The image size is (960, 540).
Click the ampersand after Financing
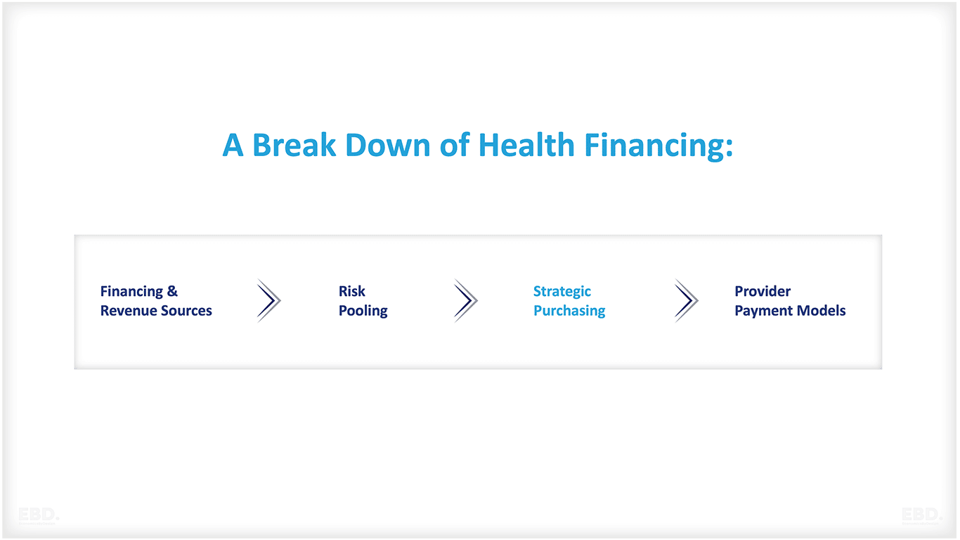[x=172, y=292]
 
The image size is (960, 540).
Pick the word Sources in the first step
[x=185, y=311]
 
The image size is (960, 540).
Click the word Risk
[x=352, y=292]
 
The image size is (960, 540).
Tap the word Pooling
[x=363, y=311]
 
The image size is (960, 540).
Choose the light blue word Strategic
[x=562, y=292]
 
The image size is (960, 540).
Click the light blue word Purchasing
[x=569, y=311]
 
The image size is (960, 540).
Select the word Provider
[x=763, y=292]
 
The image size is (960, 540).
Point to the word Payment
[x=763, y=311]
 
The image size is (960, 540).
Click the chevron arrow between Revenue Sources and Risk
[x=268, y=301]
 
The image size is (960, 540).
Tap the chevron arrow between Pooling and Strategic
[x=465, y=301]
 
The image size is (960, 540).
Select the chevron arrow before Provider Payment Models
[x=686, y=301]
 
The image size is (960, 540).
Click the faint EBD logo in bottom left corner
[x=39, y=515]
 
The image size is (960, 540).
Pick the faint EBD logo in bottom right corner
[x=921, y=515]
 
